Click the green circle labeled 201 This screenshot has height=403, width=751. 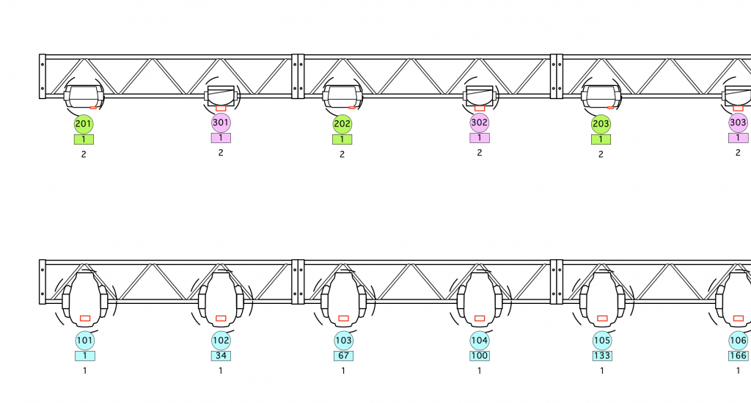[84, 123]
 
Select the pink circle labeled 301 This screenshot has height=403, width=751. [221, 123]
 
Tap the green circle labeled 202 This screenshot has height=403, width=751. [342, 123]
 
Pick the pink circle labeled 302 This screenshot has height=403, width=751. [480, 123]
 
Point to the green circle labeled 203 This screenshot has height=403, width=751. [601, 123]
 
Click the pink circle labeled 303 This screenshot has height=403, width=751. [738, 123]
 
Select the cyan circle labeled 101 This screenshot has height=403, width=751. [85, 341]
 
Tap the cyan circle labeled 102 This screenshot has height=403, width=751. [221, 341]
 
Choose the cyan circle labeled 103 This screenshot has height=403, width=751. [343, 341]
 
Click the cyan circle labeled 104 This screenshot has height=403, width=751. [480, 341]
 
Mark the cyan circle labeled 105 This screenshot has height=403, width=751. [602, 341]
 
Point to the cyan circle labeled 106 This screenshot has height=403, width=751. [738, 341]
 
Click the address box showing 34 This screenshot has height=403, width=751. [221, 356]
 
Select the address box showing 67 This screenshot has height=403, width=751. [343, 356]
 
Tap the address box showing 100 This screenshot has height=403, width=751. [480, 356]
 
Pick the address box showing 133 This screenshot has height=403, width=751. [602, 356]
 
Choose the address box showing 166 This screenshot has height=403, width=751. [738, 356]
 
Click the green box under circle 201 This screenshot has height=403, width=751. [84, 139]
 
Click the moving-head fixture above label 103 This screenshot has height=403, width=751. [343, 297]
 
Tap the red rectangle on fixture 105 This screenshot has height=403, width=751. [602, 318]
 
